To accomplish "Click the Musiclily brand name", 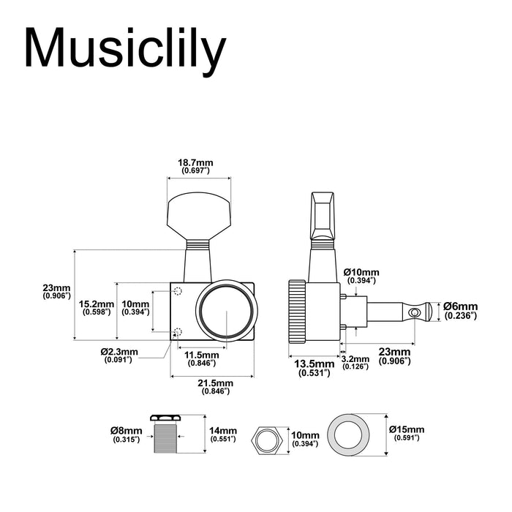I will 124,50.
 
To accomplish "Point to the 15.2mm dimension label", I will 97,307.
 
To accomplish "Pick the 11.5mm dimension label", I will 200,358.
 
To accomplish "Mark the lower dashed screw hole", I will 176,333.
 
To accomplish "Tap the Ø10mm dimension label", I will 361,276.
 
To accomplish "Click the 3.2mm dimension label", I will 355,362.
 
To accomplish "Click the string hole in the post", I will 416,312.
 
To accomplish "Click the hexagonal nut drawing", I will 267,441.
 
